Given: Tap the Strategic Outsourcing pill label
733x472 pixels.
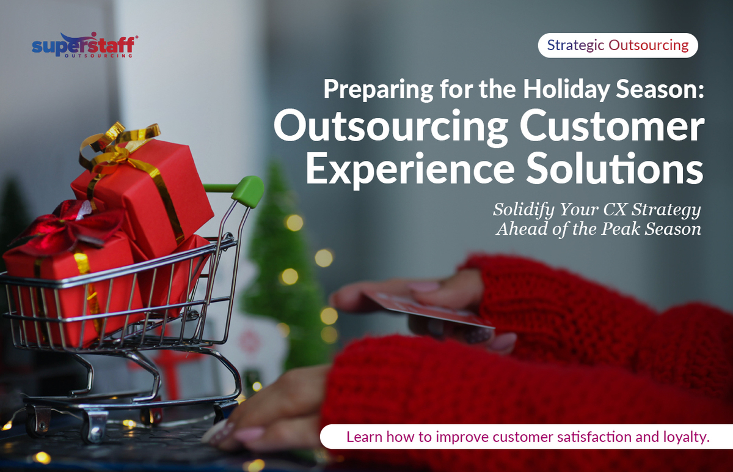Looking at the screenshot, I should pyautogui.click(x=618, y=45).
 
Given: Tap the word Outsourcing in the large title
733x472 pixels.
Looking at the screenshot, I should pyautogui.click(x=390, y=127).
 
